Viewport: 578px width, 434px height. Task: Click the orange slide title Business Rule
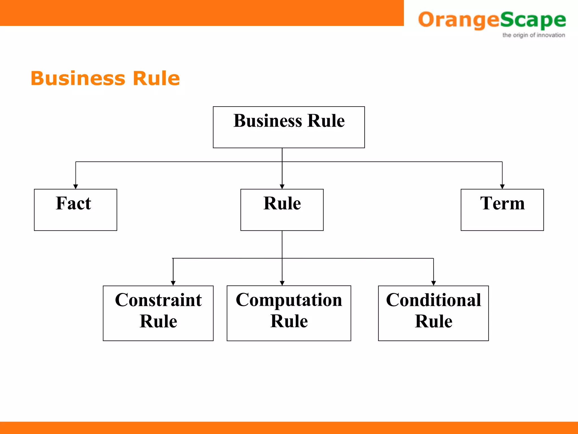tap(105, 78)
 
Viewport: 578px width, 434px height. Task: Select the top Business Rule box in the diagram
tap(289, 127)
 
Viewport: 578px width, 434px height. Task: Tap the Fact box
tap(75, 210)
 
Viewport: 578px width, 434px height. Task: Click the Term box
tap(502, 210)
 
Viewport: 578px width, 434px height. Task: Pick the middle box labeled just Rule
tap(282, 210)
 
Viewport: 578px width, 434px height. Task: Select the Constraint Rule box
tap(158, 313)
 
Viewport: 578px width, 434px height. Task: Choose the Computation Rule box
tap(289, 313)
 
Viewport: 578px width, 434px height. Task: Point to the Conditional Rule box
tap(433, 313)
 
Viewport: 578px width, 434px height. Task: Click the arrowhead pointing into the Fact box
tap(76, 186)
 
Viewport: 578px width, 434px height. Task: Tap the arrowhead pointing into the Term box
tap(502, 186)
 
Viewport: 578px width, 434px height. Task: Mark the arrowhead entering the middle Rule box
tap(282, 186)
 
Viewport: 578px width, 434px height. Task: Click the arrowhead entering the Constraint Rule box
tap(173, 283)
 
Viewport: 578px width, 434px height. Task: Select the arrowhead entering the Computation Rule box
tap(282, 283)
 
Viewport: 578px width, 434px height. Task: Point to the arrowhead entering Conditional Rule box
tap(433, 283)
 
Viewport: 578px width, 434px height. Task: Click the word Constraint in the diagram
tap(158, 300)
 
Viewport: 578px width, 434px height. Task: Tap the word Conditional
tap(433, 300)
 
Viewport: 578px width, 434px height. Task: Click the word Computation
tap(289, 300)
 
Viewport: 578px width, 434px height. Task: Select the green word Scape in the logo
tap(533, 20)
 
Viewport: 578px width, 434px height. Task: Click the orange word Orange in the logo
tap(459, 20)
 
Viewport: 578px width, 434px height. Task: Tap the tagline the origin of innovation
tap(533, 35)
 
